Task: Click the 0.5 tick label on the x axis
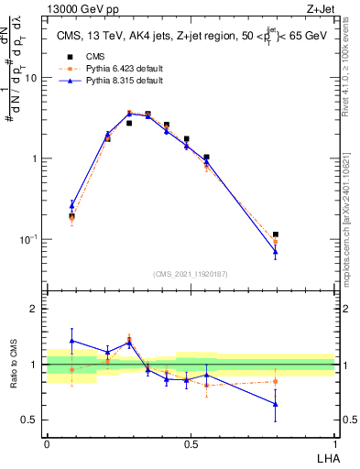[191, 442]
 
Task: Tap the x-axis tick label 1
[333, 442]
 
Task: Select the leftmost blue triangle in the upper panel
[72, 205]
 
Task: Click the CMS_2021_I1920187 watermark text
[191, 273]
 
